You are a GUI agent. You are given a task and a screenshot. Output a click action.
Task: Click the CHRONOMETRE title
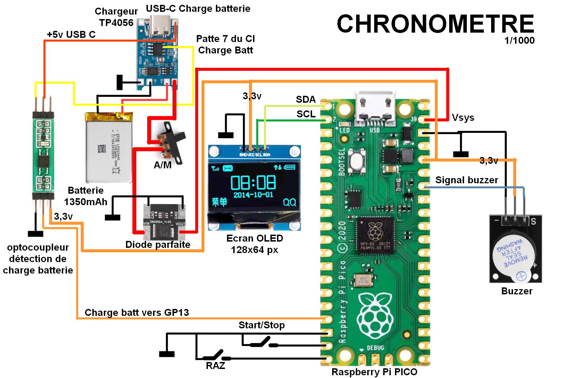(x=435, y=24)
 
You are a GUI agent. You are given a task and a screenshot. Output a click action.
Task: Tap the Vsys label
(x=463, y=118)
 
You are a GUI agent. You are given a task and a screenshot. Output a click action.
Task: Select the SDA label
(x=305, y=100)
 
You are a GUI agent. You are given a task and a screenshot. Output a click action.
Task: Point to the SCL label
(x=306, y=114)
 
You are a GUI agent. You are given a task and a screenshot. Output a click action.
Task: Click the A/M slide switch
(x=172, y=142)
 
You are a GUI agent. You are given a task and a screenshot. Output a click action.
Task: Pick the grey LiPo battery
(x=109, y=148)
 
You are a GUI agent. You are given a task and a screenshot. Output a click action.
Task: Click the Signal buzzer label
(x=466, y=180)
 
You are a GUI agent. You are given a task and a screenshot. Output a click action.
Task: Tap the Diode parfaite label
(x=158, y=244)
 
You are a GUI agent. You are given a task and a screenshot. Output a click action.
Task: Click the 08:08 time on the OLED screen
(x=253, y=182)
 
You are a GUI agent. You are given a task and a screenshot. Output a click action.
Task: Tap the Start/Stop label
(x=261, y=325)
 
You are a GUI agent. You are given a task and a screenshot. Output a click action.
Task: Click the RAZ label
(x=215, y=366)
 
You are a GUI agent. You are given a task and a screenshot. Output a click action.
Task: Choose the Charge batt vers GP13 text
(x=137, y=312)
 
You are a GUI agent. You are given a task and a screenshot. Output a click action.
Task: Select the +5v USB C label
(x=71, y=34)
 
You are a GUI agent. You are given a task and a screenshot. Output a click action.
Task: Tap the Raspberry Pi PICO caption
(x=374, y=372)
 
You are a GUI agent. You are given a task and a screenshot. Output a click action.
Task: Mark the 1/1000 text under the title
(x=519, y=40)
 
